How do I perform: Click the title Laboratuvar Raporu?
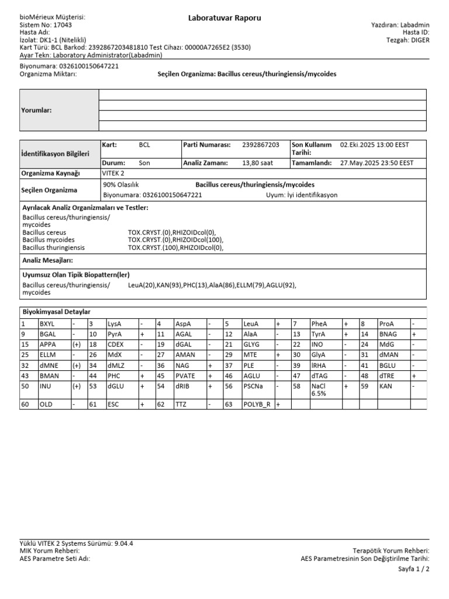pos(224,18)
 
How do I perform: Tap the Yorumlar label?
pos(36,110)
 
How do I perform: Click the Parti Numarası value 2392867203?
pos(260,145)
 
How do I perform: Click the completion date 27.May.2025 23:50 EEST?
pos(377,163)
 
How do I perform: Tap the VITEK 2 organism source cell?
pos(113,174)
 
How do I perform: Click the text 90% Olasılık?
pos(120,184)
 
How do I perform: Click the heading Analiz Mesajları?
pos(47,260)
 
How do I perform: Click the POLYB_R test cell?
pos(257,404)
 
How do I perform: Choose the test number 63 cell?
pos(229,404)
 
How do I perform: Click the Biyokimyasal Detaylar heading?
pos(56,312)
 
